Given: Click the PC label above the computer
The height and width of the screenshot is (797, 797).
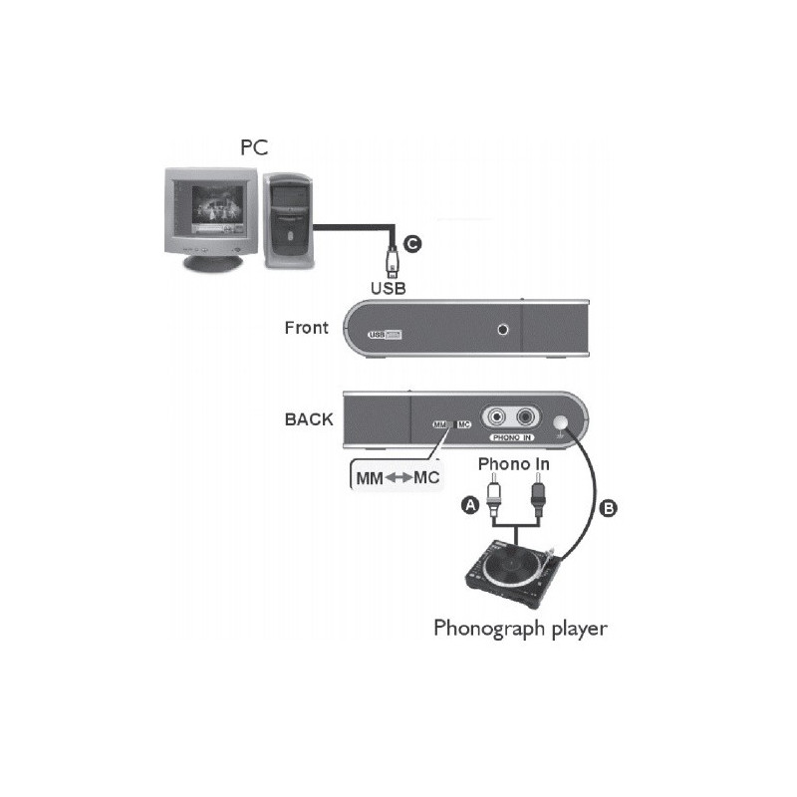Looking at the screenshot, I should (255, 147).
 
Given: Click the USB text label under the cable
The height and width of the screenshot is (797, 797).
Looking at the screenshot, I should (389, 288).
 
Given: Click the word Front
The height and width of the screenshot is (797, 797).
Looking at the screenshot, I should (306, 327).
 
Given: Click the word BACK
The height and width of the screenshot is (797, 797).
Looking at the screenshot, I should (309, 419).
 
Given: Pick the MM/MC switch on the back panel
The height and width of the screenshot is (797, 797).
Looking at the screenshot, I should (452, 424).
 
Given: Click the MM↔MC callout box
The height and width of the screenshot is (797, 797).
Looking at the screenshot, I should (398, 477).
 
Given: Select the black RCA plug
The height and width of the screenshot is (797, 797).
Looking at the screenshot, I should (539, 495).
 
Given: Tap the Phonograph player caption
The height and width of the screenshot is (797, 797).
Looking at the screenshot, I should (519, 628).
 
